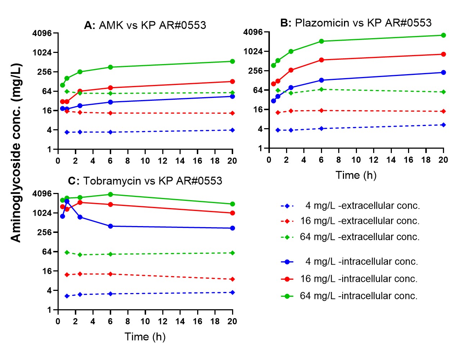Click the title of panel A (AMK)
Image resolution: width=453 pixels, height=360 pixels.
click(145, 25)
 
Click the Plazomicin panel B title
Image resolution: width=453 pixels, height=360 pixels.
click(356, 23)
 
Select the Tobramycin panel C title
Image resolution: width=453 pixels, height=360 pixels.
click(145, 181)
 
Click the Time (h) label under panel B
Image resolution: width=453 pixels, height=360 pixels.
click(356, 175)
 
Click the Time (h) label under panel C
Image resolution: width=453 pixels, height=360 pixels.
click(145, 337)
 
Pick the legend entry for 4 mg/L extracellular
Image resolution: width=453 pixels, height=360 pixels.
click(350, 206)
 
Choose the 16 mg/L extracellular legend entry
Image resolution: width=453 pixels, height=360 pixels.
click(350, 221)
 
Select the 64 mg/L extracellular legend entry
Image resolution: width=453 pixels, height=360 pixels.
click(350, 237)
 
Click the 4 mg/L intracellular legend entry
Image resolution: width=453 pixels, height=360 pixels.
click(350, 262)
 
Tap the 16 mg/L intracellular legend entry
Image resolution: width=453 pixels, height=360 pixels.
click(350, 279)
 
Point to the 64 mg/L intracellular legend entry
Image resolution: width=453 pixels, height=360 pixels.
click(350, 296)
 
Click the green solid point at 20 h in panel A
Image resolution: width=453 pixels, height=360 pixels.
click(232, 62)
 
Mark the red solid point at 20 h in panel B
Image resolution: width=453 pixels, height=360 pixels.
click(443, 54)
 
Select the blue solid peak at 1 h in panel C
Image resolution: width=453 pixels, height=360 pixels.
click(67, 202)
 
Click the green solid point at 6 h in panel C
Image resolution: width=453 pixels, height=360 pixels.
click(110, 194)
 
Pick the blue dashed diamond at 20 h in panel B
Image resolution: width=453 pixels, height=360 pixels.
click(443, 125)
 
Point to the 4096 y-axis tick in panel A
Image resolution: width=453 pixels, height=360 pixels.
click(42, 33)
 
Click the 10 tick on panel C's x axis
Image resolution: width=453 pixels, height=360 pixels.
click(145, 321)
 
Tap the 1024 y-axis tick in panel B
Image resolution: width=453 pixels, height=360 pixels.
click(253, 51)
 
